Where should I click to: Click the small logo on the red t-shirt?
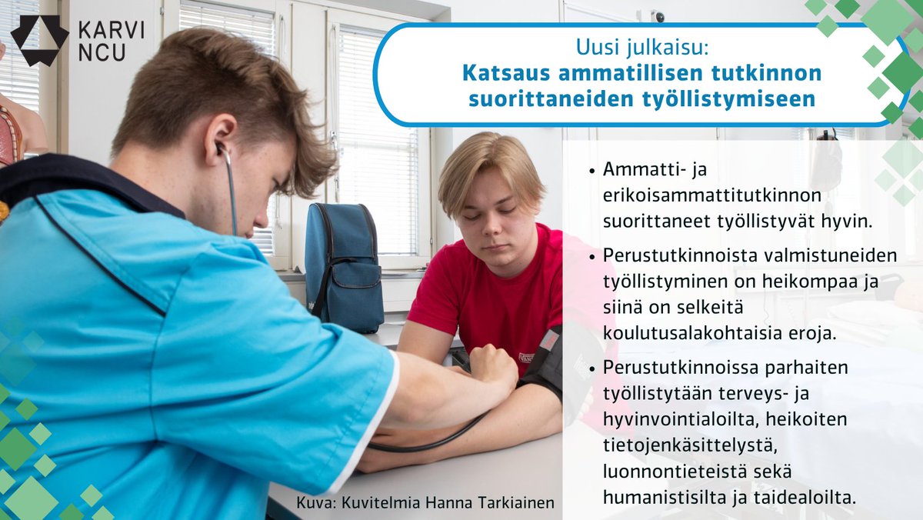(525, 358)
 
